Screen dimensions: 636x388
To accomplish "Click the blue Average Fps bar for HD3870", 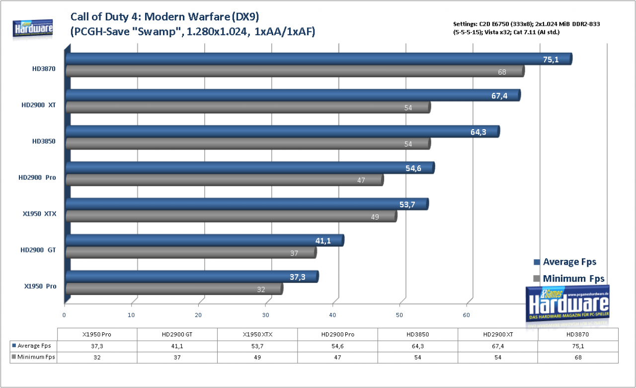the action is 319,59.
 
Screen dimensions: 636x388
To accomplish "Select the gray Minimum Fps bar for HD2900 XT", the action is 248,107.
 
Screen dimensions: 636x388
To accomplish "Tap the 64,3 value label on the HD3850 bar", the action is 478,132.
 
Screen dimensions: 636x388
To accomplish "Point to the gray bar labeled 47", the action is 225,180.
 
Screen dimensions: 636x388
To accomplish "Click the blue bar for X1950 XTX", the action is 247,204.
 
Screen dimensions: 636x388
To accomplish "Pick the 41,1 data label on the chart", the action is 323,240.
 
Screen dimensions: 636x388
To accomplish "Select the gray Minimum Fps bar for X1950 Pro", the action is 174,289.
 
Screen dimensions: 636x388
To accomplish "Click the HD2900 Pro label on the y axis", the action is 37,178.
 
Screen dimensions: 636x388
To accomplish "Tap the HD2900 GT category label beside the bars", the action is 38,250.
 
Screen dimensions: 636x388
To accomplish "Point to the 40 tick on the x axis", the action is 332,315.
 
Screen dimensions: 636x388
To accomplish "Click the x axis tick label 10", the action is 131,315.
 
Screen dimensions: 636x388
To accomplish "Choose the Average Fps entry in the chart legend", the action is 565,262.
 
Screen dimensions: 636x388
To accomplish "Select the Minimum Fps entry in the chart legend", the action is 569,278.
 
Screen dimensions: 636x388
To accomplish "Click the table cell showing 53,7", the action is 257,346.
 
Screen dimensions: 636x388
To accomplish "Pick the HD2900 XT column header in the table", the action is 498,334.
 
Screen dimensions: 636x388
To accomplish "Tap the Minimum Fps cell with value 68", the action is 578,358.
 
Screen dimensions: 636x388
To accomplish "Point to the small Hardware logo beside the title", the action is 33,29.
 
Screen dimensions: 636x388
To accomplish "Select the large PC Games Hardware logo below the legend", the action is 567,305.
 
